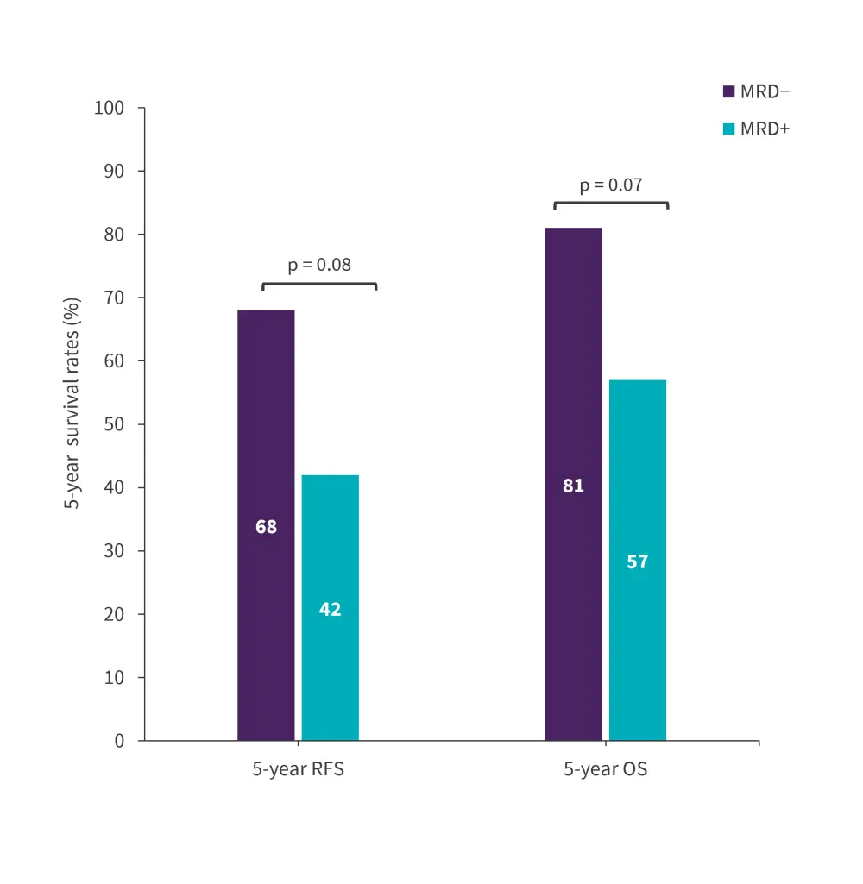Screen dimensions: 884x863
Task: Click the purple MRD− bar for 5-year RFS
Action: (266, 431)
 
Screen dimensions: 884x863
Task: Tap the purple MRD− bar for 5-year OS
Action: (573, 388)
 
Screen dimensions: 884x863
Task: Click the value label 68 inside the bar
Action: (266, 526)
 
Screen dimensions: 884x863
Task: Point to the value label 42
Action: (330, 610)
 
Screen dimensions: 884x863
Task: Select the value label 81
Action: (573, 486)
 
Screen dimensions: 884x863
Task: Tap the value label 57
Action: (637, 562)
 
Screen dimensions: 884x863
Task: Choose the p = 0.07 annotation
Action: (611, 185)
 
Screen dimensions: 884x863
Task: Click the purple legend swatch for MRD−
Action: (728, 91)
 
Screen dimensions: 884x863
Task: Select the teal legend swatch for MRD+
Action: (728, 129)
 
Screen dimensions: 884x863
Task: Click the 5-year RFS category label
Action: (298, 769)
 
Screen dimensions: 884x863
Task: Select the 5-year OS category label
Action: (605, 769)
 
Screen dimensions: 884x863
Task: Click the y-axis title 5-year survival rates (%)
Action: (74, 404)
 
